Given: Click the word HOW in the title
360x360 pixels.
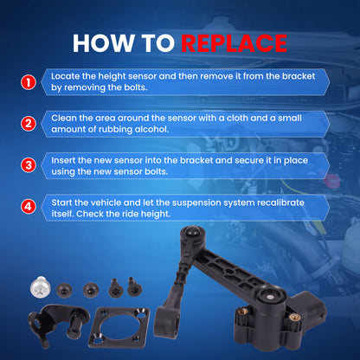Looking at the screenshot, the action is (102, 43).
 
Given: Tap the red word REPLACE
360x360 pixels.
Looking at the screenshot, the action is (234, 43).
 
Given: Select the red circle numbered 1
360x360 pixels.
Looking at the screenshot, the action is (29, 82).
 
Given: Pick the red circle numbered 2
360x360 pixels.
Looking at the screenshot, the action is (29, 124).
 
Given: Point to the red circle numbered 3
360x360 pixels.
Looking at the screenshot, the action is (29, 165).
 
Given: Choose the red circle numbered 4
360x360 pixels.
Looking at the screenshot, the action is (29, 207).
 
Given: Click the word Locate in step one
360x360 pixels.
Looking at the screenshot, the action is (66, 76).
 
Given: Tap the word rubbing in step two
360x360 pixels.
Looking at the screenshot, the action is (115, 130).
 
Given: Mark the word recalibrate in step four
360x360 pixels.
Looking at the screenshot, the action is (280, 202).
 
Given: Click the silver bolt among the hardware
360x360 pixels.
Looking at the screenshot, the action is (40, 286).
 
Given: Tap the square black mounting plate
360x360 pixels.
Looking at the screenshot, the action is (119, 327).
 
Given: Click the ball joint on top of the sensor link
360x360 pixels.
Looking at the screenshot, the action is (191, 232).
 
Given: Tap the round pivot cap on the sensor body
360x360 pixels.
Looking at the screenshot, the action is (270, 297).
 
